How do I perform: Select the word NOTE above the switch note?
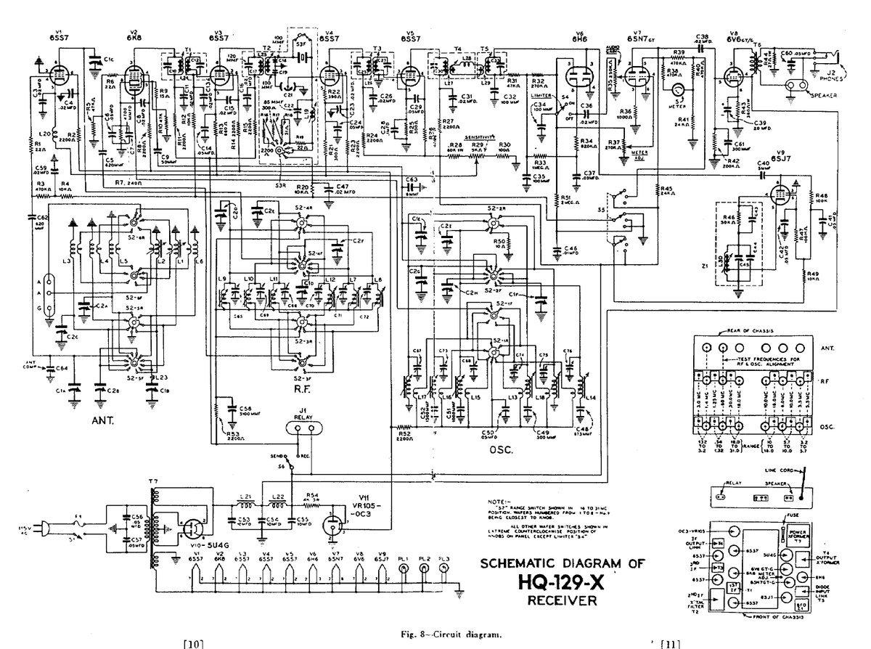click(x=502, y=502)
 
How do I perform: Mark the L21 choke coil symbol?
click(x=247, y=505)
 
